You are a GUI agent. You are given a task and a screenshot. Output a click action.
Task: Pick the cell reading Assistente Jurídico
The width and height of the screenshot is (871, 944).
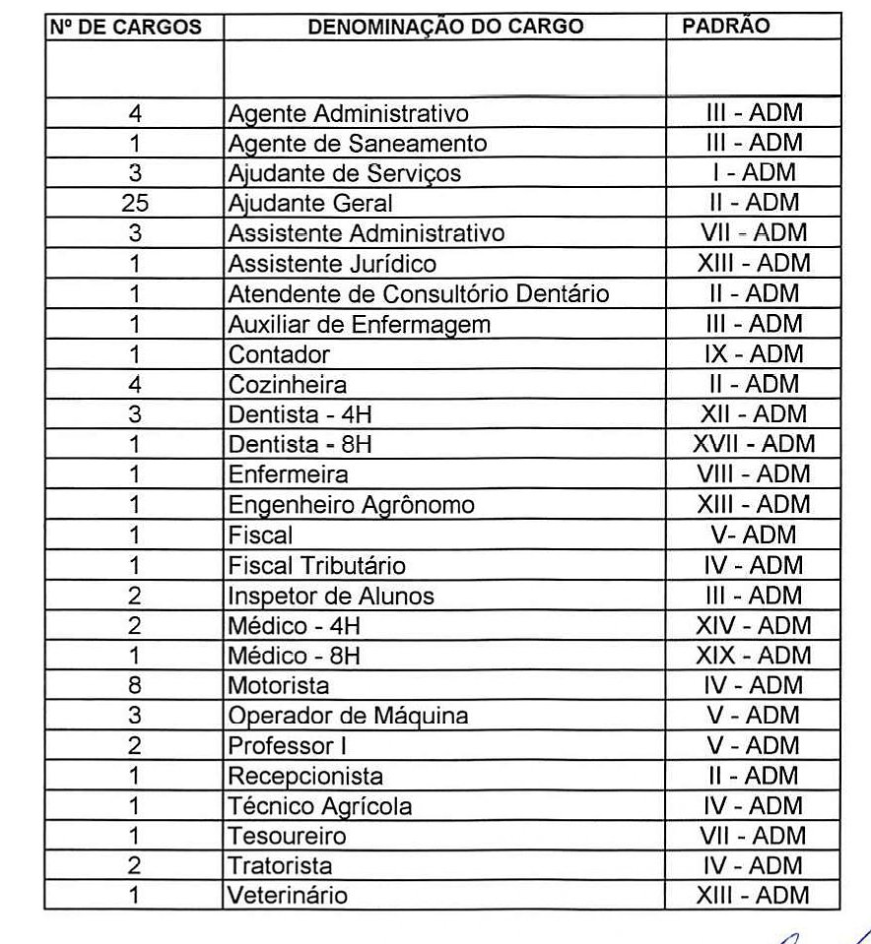pos(332,264)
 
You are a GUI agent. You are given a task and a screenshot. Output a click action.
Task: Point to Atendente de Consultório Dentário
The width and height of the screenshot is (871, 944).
pos(419,293)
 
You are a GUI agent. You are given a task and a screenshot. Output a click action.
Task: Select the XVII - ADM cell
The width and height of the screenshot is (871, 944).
pos(754,444)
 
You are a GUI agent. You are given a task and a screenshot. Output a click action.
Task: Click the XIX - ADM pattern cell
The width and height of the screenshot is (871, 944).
pos(753,656)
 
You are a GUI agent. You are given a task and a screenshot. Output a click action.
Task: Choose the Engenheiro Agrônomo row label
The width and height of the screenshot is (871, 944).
pos(351,505)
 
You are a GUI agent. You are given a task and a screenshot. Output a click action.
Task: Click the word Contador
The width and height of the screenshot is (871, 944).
pos(279,354)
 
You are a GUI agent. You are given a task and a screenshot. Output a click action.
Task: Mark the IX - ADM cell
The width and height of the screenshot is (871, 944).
pos(754,353)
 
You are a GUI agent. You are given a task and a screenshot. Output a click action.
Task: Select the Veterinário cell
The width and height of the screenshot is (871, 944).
pos(287,896)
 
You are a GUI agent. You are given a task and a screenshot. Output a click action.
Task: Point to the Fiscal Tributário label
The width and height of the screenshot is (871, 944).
pos(316,566)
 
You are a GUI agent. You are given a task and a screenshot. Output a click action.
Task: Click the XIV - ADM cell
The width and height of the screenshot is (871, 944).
pos(753,625)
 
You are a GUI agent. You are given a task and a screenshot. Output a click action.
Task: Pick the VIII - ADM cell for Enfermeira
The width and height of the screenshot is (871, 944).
pos(754,474)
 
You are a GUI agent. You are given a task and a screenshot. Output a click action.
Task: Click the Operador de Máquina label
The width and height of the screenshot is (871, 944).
pos(348,716)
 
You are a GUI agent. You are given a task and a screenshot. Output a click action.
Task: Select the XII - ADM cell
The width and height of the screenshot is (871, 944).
pos(754,413)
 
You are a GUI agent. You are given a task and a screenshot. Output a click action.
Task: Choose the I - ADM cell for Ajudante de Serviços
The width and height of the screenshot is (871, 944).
pos(754,173)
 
